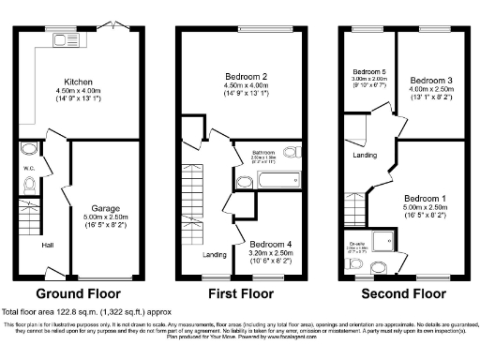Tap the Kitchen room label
pos(77,81)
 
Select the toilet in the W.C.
pos(28,185)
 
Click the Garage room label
pos(104,207)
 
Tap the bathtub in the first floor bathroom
pos(267,180)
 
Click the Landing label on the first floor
pos(214,254)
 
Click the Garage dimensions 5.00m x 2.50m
pos(104,217)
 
